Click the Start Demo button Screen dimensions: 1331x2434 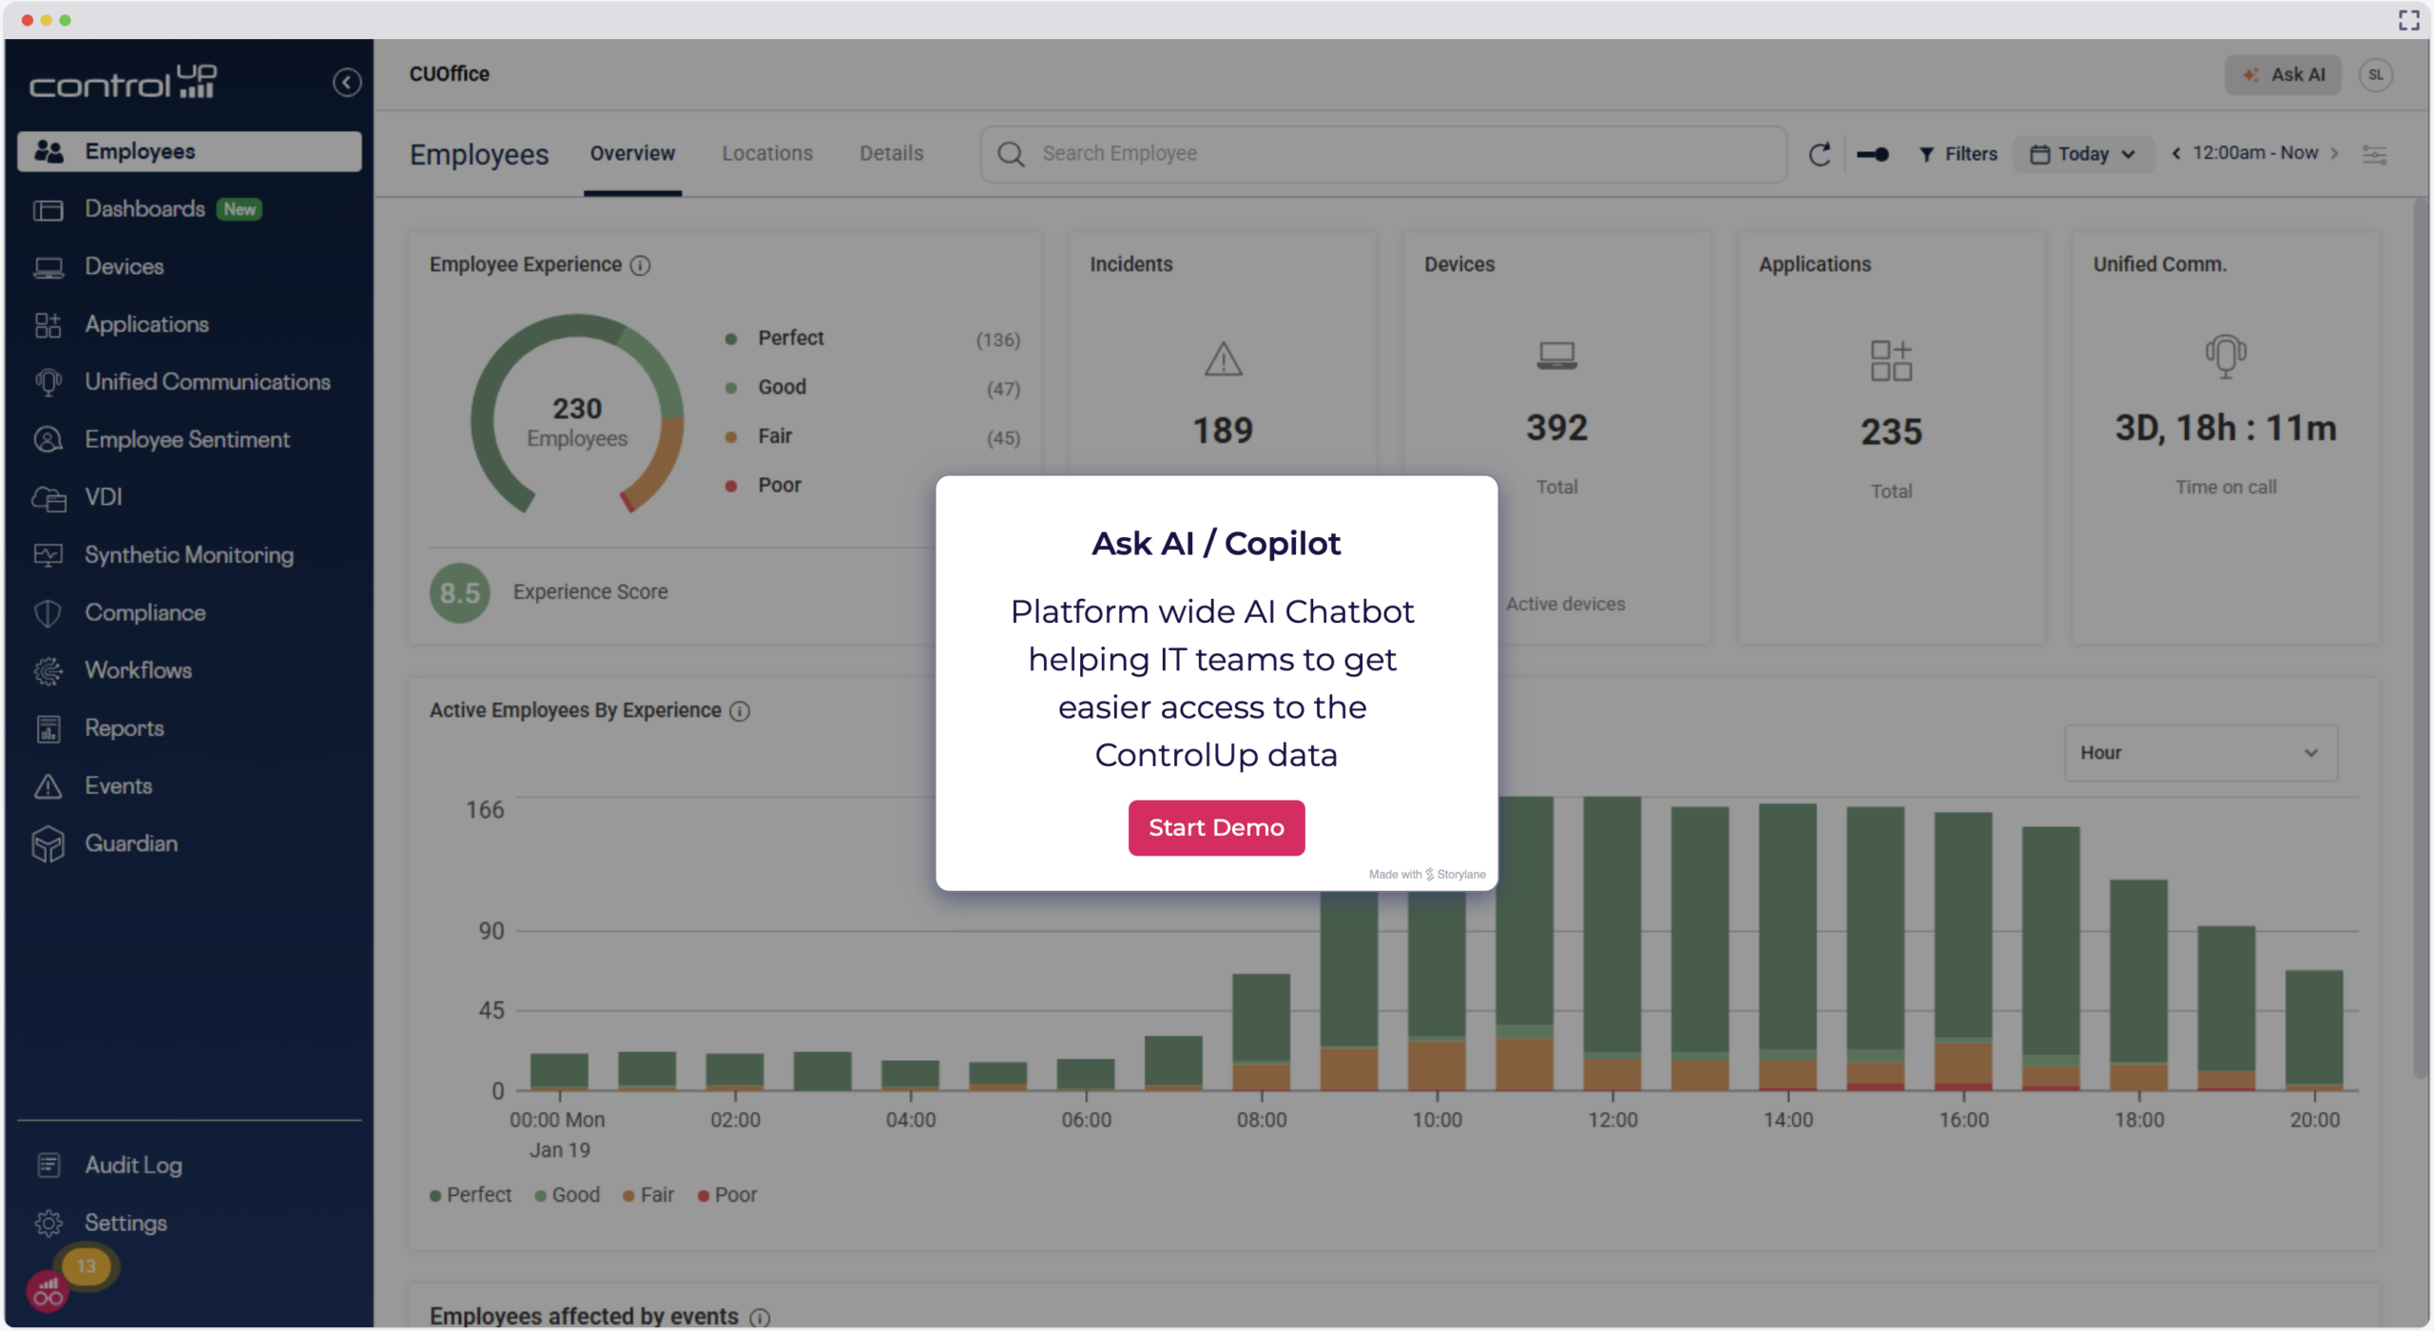point(1216,827)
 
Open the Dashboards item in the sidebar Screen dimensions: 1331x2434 point(145,209)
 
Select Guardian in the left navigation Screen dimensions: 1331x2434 point(131,843)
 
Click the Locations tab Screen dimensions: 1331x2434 point(766,153)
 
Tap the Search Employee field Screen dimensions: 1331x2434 point(1383,154)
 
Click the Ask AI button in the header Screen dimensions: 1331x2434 point(2283,75)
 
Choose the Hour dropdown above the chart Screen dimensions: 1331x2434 point(2200,753)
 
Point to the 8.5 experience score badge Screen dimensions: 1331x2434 point(459,593)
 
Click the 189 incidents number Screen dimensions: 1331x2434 point(1223,431)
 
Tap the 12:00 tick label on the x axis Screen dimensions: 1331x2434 point(1613,1120)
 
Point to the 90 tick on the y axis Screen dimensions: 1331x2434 point(491,932)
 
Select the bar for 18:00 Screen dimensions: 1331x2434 point(2138,984)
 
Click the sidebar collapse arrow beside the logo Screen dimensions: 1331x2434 point(347,83)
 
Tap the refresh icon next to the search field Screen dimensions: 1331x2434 point(1819,154)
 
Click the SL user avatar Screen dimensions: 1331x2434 point(2375,75)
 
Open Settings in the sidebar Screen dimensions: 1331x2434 point(126,1223)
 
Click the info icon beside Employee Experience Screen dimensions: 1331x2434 point(641,266)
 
